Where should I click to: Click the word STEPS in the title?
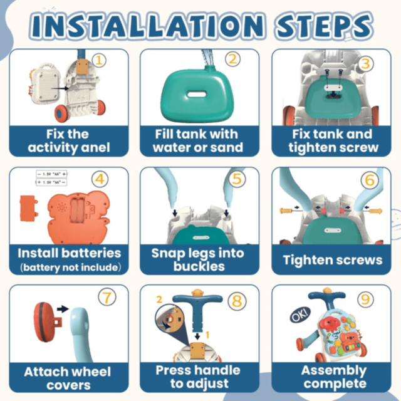[x=325, y=26]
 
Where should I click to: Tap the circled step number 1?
[x=99, y=60]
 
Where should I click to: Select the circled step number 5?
[x=237, y=179]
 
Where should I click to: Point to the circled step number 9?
[x=365, y=299]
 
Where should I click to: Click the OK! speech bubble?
[x=300, y=315]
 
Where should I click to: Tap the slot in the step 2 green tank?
[x=196, y=94]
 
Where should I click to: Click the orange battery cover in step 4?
[x=29, y=209]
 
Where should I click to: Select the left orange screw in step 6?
[x=286, y=211]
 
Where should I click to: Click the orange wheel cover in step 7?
[x=46, y=322]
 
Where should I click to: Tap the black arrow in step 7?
[x=63, y=309]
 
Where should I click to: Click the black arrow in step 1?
[x=60, y=88]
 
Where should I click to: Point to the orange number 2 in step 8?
[x=159, y=299]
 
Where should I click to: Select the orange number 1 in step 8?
[x=207, y=335]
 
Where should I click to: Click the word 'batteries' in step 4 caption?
[x=91, y=253]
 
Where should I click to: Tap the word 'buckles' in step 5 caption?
[x=199, y=266]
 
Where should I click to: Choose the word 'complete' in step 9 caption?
[x=335, y=383]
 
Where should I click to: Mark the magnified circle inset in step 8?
[x=169, y=318]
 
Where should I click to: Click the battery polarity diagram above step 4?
[x=51, y=178]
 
